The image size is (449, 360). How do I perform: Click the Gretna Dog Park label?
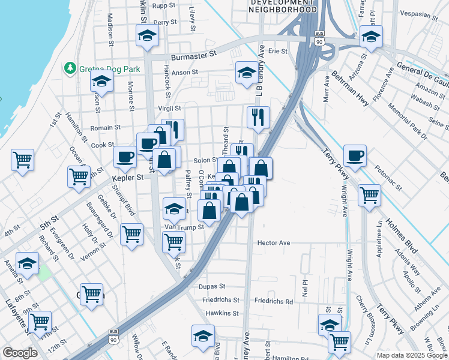[x=108, y=69]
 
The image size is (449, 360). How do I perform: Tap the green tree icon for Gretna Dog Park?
[x=71, y=68]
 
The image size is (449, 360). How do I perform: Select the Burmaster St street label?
[x=193, y=55]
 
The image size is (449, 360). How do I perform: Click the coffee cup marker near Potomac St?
[x=354, y=155]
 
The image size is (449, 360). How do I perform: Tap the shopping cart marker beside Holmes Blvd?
[x=369, y=195]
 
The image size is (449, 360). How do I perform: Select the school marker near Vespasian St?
[x=371, y=38]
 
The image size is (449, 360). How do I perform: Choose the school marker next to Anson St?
[x=246, y=73]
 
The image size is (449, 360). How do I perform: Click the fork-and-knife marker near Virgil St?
[x=258, y=118]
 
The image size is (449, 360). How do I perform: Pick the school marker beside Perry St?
[x=146, y=36]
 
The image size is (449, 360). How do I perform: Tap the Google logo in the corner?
[x=19, y=353]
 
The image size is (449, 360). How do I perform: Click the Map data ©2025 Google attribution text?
[x=412, y=355]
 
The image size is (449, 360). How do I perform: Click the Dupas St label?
[x=212, y=287]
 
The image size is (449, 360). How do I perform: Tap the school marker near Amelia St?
[x=27, y=263]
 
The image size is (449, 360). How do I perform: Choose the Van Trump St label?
[x=184, y=227]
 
